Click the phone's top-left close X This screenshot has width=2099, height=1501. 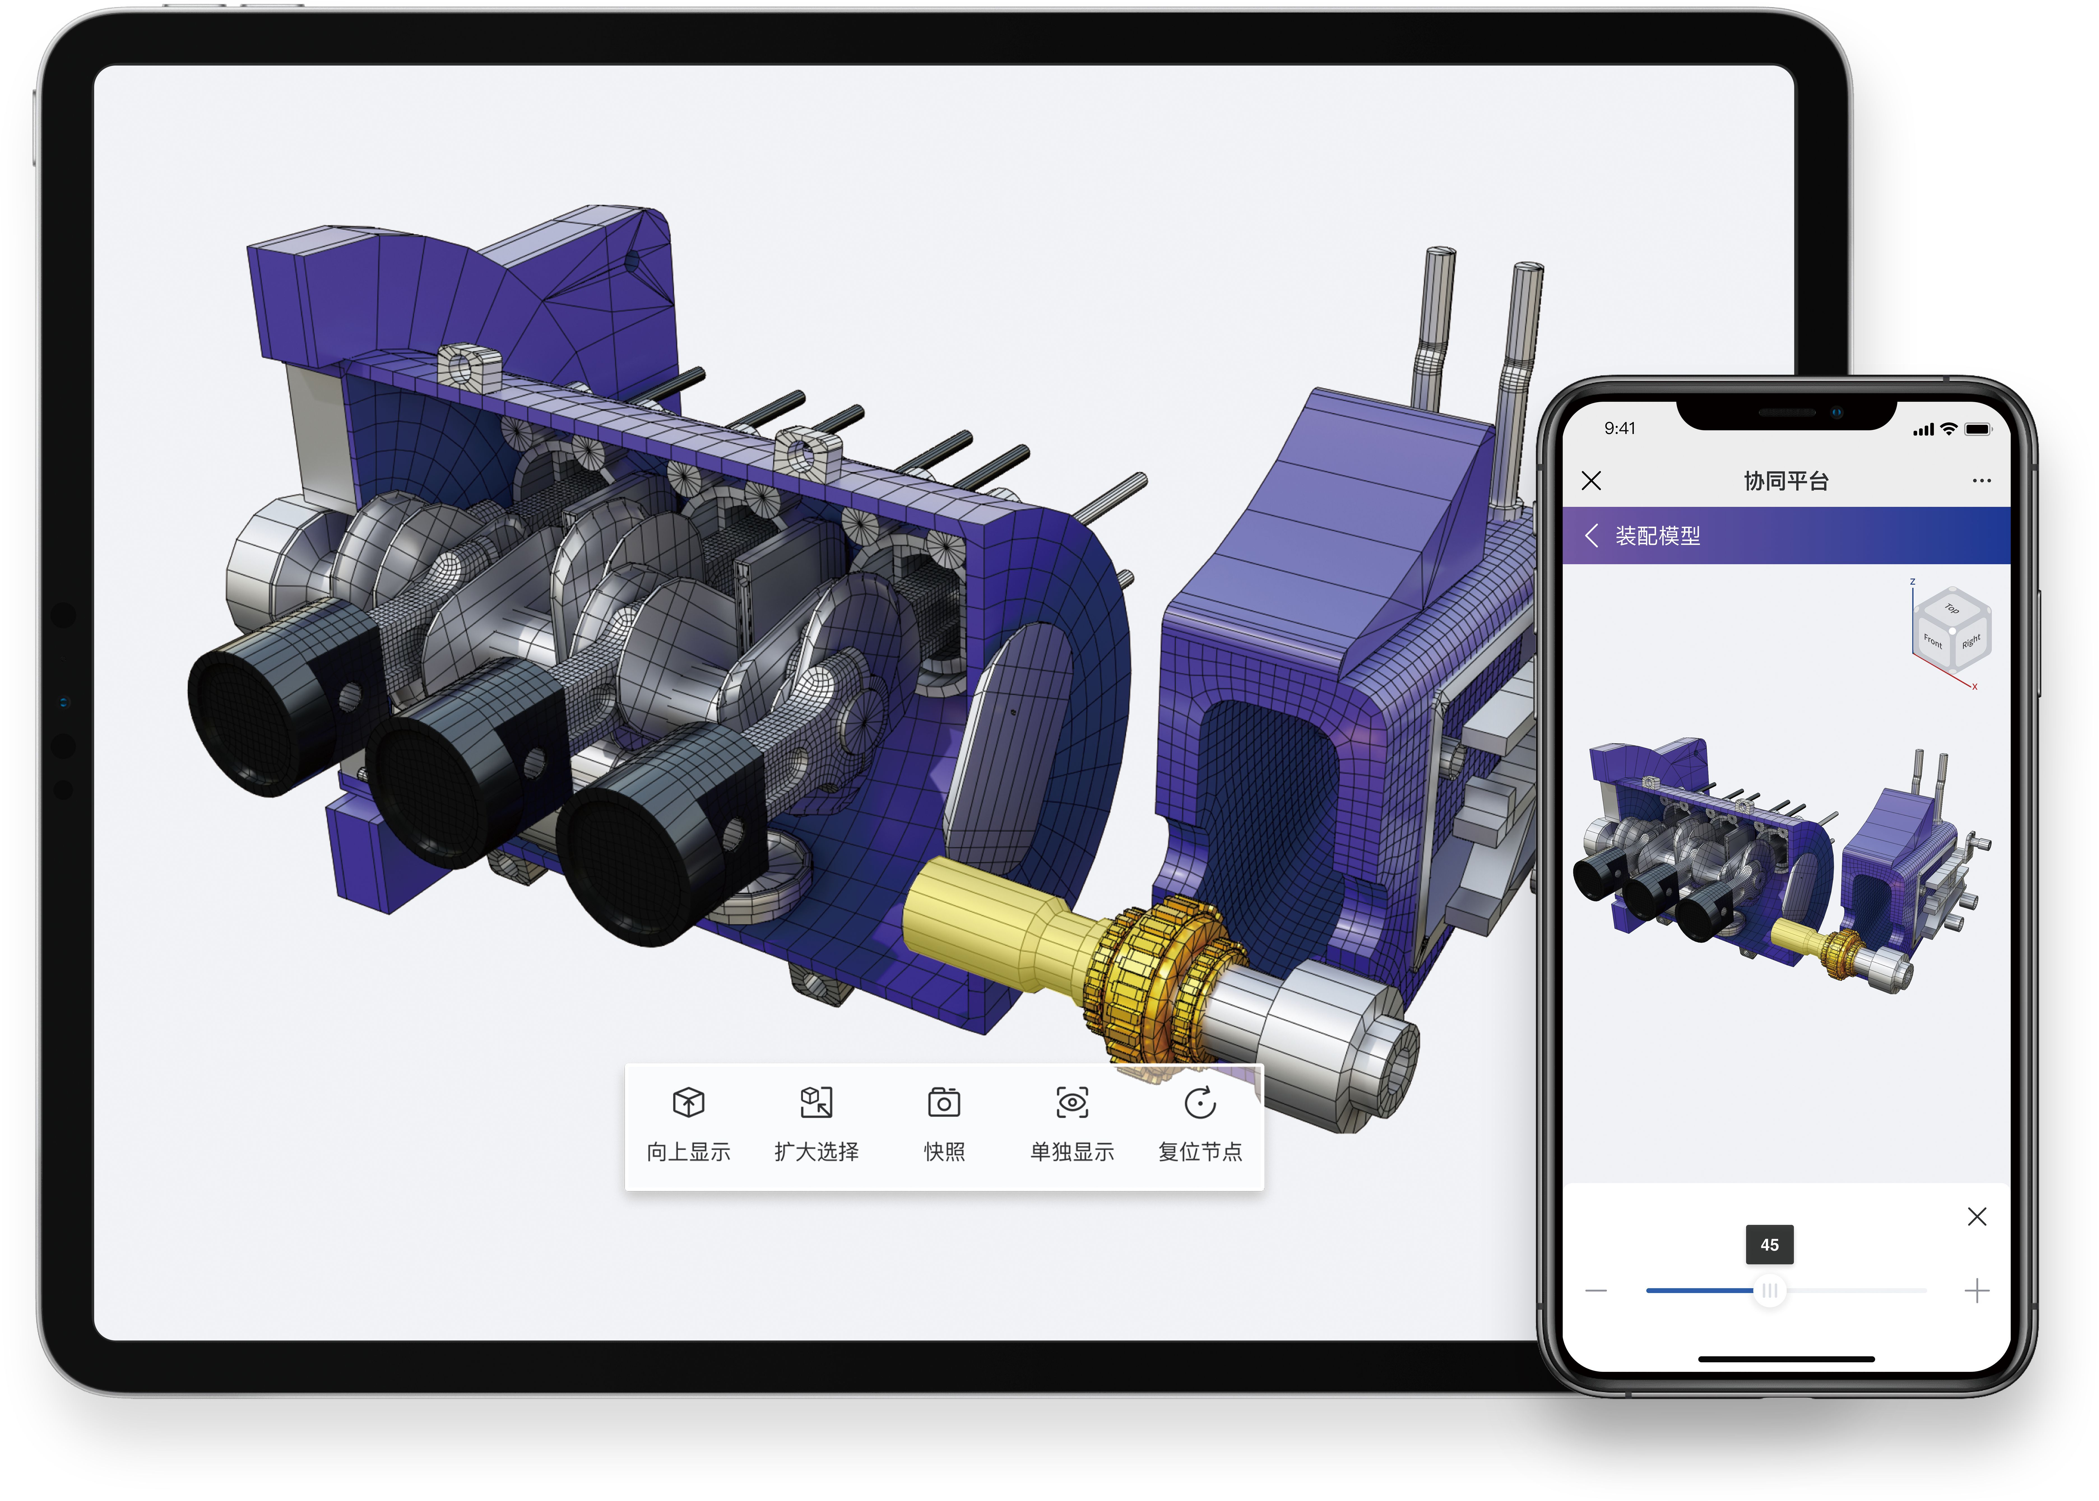[1591, 481]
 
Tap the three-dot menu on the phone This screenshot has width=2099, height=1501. [1981, 481]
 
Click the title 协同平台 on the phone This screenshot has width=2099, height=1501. [1786, 481]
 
